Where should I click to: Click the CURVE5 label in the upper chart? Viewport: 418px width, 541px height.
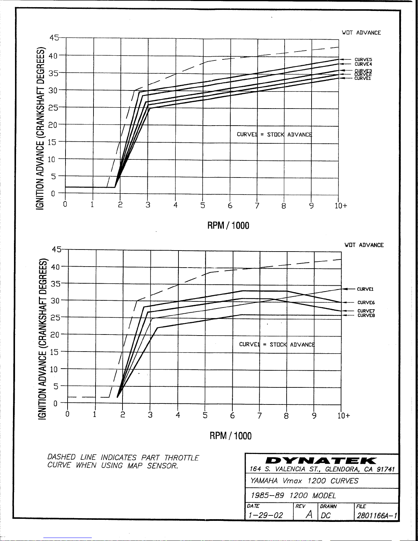pos(363,59)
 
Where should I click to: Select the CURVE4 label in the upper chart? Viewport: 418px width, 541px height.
pos(363,64)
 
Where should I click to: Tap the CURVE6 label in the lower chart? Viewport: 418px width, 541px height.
pos(366,302)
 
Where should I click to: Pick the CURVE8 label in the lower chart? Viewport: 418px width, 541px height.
pos(366,315)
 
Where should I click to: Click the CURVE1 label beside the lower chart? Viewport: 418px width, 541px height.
pos(365,289)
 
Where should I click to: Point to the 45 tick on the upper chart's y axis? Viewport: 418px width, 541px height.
pos(54,38)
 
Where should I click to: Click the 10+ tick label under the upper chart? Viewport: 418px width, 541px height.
pos(341,205)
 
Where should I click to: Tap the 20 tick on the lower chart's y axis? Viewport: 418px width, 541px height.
pos(55,334)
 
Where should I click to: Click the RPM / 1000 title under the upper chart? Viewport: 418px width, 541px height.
pos(228,225)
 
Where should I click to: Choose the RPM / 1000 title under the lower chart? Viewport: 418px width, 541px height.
pos(230,436)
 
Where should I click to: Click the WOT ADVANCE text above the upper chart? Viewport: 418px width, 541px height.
pos(361,33)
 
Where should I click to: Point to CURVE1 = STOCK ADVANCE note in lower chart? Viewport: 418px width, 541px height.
pos(277,344)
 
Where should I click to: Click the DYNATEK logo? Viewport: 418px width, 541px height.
pos(321,460)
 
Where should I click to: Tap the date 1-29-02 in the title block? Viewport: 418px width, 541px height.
pos(265,515)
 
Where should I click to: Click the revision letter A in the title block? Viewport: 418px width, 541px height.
pos(309,514)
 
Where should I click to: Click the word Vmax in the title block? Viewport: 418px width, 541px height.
pos(292,481)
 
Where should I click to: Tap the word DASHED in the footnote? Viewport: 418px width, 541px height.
pos(61,457)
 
